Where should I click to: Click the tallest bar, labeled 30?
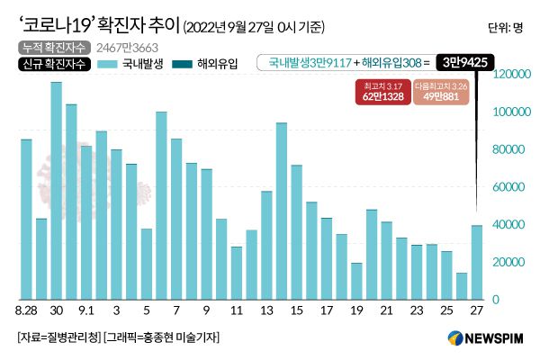(56, 190)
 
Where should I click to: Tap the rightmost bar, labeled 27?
(476, 261)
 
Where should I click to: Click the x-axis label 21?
(386, 311)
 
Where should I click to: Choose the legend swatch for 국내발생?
(107, 64)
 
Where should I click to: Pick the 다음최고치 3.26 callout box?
(442, 90)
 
